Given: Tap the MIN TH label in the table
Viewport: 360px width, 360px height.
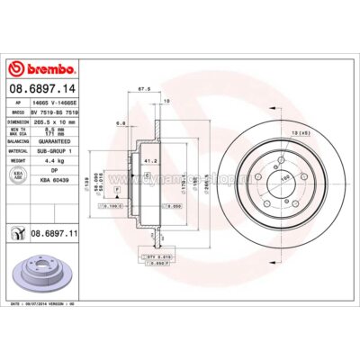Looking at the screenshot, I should (x=17, y=130).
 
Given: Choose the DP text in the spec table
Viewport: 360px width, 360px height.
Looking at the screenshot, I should (x=55, y=172).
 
